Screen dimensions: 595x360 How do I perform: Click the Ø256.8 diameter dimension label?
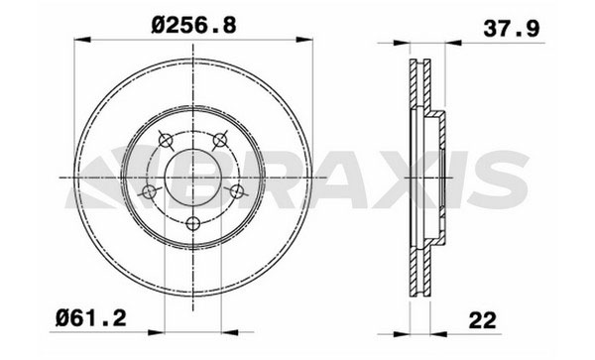(193, 26)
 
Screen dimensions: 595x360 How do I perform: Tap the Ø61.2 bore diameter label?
(90, 318)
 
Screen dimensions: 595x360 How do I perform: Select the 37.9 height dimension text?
(511, 29)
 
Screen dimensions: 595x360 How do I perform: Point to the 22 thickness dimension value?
(482, 321)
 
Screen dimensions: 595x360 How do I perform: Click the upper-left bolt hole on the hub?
(166, 141)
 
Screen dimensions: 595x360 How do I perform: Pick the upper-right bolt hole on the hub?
(220, 141)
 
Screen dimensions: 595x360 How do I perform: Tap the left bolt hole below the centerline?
(149, 192)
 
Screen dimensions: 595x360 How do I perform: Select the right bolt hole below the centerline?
(237, 191)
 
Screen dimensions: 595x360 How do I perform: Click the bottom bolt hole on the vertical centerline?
(193, 223)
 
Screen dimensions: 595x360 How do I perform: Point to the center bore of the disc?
(193, 178)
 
